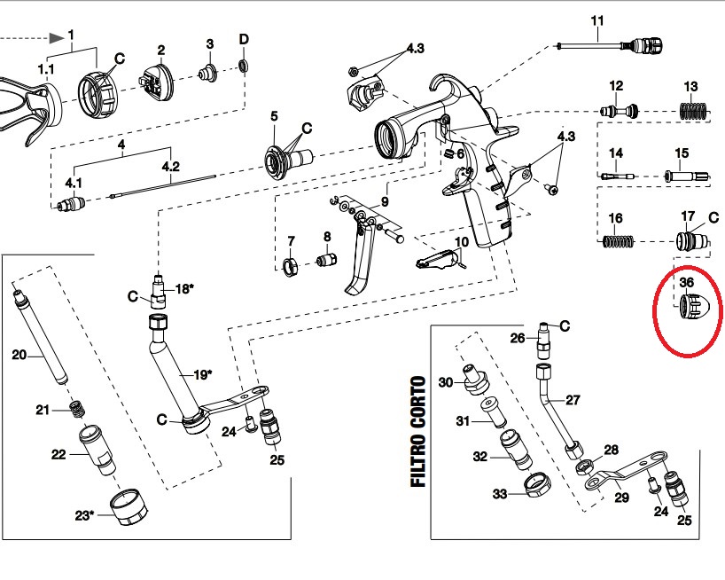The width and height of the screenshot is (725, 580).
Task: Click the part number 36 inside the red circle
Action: [x=686, y=283]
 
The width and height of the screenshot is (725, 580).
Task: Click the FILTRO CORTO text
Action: [x=417, y=432]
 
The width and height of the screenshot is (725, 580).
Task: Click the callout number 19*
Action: [x=203, y=374]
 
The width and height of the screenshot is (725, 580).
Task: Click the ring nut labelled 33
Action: [x=536, y=487]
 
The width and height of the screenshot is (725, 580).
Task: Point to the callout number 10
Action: [x=461, y=242]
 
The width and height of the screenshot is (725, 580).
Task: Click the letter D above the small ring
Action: [x=244, y=40]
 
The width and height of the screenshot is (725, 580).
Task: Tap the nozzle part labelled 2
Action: [x=156, y=78]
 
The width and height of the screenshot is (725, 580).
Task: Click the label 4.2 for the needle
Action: [x=170, y=166]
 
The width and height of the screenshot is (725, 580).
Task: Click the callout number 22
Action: [x=59, y=455]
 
